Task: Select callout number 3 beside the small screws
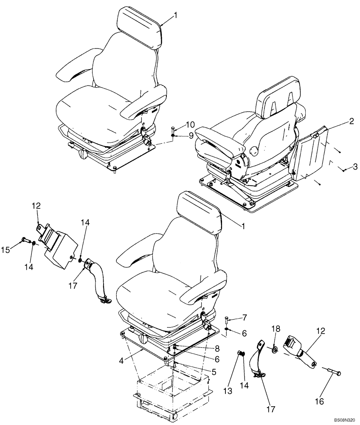pyautogui.click(x=355, y=166)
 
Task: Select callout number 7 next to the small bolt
pyautogui.click(x=244, y=317)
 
